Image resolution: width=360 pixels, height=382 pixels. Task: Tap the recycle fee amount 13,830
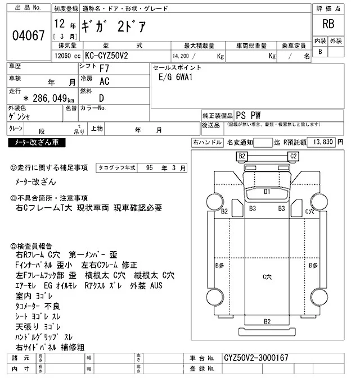[322, 142]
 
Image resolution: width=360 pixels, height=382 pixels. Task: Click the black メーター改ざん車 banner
[37, 143]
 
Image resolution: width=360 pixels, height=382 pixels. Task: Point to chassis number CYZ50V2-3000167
[256, 358]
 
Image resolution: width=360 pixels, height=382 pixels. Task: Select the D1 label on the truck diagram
[267, 192]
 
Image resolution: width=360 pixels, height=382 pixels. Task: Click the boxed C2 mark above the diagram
[292, 156]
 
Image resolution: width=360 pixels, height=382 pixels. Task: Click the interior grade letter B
[321, 52]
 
